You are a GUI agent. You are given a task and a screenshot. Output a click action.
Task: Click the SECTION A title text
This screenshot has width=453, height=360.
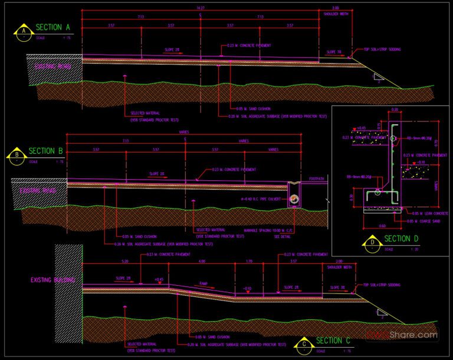coord(53,27)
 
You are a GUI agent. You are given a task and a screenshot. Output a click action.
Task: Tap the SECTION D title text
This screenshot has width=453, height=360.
coord(401,239)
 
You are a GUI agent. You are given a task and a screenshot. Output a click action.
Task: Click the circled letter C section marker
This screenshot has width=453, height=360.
coord(304,344)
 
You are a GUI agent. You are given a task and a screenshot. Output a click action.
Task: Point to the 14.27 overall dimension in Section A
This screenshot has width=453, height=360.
coord(200,8)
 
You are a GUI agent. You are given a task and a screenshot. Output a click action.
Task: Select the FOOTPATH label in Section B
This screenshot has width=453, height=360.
coord(316,178)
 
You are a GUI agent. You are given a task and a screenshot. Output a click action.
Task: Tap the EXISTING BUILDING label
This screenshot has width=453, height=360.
coord(52,280)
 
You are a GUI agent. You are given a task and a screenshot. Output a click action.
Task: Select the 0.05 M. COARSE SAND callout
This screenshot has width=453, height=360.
coord(426,221)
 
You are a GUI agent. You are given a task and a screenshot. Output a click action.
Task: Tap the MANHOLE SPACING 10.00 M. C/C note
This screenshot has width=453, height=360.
coord(269,230)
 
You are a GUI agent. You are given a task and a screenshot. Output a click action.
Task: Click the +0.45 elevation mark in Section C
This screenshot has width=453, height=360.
coord(158,279)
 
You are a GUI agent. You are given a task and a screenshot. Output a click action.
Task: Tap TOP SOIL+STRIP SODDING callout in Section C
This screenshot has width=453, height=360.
coord(382,284)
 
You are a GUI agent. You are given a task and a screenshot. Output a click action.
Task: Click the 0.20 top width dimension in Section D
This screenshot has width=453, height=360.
coord(395,109)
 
